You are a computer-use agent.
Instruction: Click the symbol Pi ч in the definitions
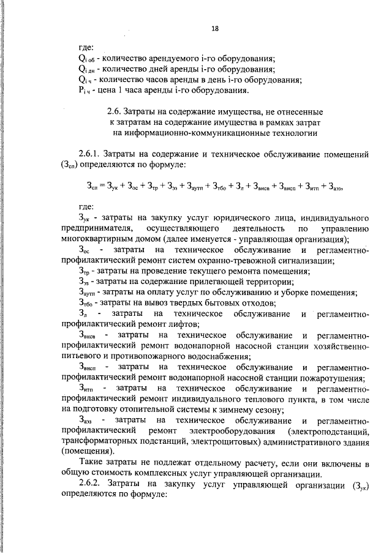85,91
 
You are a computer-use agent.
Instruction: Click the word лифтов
182,324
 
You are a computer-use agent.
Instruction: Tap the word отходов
257,302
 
